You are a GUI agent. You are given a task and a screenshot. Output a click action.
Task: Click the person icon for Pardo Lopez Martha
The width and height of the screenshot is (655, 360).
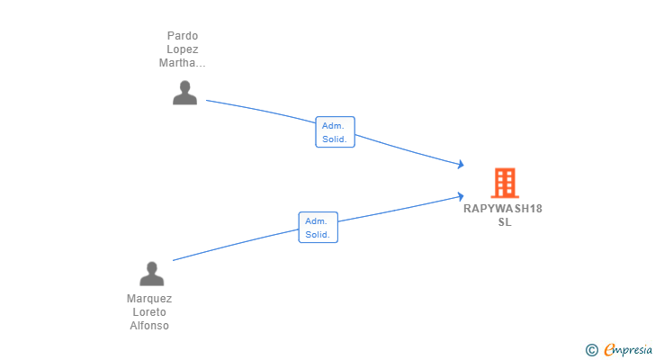coord(184,93)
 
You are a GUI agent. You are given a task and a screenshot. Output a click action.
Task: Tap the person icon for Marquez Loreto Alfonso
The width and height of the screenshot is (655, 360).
coord(152,274)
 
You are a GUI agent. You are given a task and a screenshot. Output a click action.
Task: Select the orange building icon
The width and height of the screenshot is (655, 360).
coord(505,183)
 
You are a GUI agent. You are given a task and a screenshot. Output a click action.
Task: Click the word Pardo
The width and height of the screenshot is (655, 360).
coord(183,36)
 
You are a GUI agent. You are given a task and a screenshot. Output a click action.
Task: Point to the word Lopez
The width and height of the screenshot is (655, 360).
coord(183,49)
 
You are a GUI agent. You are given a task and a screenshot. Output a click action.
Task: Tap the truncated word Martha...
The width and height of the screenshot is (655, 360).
coord(182,63)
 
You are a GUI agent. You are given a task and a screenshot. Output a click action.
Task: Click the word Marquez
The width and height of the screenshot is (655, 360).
coord(149,299)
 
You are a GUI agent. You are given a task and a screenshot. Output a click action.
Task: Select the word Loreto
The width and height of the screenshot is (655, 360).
coord(149,312)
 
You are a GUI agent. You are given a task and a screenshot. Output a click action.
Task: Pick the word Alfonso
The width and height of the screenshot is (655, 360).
coord(149,325)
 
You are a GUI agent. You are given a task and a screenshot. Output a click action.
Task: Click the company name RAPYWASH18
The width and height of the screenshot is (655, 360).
coord(503,209)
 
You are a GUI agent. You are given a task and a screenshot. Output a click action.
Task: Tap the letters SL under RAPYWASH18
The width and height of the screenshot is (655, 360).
coord(505,221)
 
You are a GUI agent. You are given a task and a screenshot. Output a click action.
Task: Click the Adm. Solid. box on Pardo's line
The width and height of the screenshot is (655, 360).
coord(335,132)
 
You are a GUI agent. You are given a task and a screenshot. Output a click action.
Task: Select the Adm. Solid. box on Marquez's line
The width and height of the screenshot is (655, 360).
coord(319,227)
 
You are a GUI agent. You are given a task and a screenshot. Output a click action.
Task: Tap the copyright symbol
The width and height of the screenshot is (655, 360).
coord(591,350)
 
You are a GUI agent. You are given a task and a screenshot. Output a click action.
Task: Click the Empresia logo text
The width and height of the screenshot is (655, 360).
coord(628,350)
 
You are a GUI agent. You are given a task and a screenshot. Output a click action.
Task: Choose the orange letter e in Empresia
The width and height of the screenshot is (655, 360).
coord(610,349)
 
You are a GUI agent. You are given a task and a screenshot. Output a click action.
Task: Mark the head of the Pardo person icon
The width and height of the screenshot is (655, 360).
coord(184,87)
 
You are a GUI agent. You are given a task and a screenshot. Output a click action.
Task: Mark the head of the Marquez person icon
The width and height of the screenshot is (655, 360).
coord(152,267)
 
